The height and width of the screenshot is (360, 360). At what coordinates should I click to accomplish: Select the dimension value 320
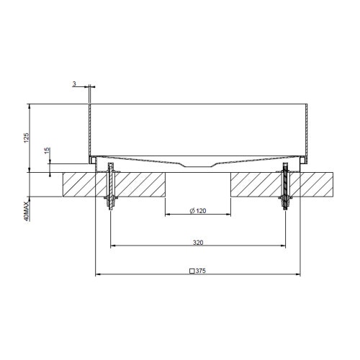click(197, 243)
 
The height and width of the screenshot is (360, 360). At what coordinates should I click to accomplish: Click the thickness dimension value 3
click(75, 84)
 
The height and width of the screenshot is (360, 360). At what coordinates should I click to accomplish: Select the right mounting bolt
click(287, 187)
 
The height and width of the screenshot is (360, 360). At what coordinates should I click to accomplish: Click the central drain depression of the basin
click(198, 165)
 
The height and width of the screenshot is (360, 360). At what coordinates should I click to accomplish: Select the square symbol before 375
click(191, 271)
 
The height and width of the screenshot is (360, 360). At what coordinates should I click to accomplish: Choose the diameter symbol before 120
click(192, 210)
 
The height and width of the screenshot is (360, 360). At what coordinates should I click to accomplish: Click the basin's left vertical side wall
click(89, 130)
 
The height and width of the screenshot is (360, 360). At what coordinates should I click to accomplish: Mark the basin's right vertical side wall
click(307, 130)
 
